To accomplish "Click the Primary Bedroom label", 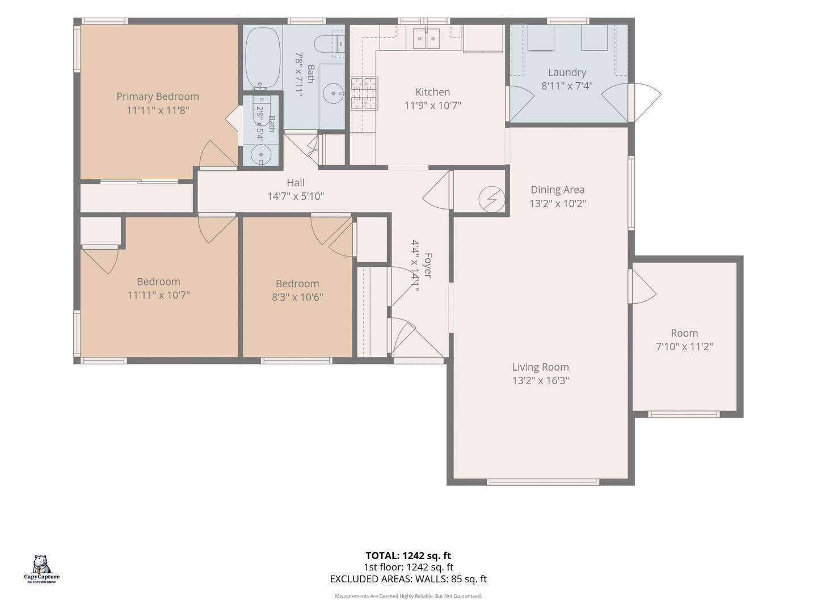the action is [158, 96].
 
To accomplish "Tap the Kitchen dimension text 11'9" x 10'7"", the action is [432, 106].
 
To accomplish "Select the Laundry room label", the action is [567, 72].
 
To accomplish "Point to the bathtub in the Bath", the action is [263, 58].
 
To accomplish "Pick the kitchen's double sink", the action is [426, 39].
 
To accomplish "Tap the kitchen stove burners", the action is [363, 94].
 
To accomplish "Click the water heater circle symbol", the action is [491, 199].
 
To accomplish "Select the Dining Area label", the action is [557, 190].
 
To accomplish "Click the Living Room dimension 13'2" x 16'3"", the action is [541, 380].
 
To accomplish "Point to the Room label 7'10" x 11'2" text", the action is [684, 346].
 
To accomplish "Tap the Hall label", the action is [296, 182].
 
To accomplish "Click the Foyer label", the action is [428, 265].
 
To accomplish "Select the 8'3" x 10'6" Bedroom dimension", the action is [297, 297].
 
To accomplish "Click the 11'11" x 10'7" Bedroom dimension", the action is [158, 295].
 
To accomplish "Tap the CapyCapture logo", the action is [41, 569].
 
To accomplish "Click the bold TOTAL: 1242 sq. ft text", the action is [408, 556].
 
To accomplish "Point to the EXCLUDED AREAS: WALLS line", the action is [408, 579].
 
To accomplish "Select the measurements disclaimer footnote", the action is [408, 596].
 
